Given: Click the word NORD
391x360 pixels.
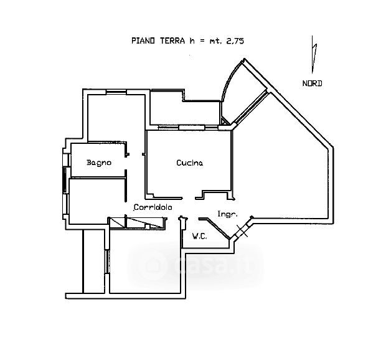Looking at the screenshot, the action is (312, 83).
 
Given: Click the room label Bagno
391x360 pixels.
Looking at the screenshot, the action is (99, 163).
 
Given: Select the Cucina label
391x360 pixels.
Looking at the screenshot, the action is (189, 163).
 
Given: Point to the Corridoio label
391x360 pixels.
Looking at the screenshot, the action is (153, 207).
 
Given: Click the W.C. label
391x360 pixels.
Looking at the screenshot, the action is (200, 236).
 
